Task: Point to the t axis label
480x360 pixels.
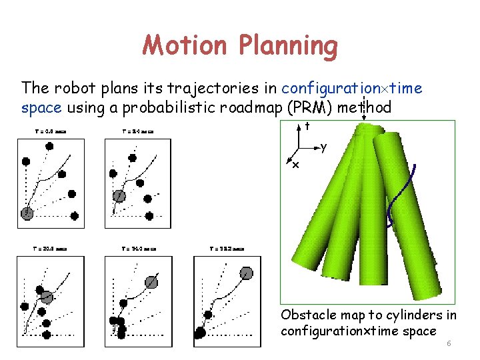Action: (x=307, y=125)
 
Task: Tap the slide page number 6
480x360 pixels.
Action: (x=449, y=343)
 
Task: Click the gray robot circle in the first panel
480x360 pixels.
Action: (x=27, y=213)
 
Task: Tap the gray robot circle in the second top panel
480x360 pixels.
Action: (x=119, y=195)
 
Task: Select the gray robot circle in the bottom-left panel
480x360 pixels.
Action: (x=46, y=297)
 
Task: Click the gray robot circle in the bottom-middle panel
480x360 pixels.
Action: (x=151, y=282)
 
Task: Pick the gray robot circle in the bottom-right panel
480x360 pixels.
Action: (x=246, y=273)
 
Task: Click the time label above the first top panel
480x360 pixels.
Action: (x=51, y=131)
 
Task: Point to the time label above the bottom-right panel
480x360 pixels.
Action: (x=227, y=249)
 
